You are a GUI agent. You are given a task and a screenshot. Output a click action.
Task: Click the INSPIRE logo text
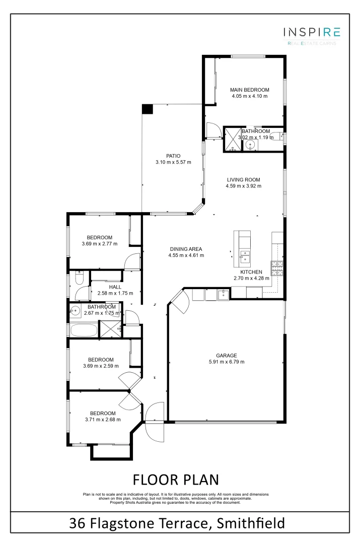(x=312, y=32)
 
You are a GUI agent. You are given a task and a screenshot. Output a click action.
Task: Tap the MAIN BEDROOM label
(x=250, y=90)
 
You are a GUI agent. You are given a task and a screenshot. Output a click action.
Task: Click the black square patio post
(x=147, y=109)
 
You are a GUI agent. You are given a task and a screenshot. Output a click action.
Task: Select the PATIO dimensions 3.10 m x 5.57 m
(x=173, y=162)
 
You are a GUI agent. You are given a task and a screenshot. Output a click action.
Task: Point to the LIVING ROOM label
(x=243, y=179)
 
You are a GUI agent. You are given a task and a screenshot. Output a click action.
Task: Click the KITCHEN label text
(x=251, y=271)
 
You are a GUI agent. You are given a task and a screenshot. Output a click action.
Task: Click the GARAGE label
(x=226, y=355)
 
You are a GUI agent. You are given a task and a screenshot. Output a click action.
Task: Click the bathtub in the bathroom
(x=84, y=330)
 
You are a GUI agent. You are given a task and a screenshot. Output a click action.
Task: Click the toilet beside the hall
(x=79, y=278)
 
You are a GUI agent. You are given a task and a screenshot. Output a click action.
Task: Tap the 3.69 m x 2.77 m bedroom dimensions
(x=99, y=244)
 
